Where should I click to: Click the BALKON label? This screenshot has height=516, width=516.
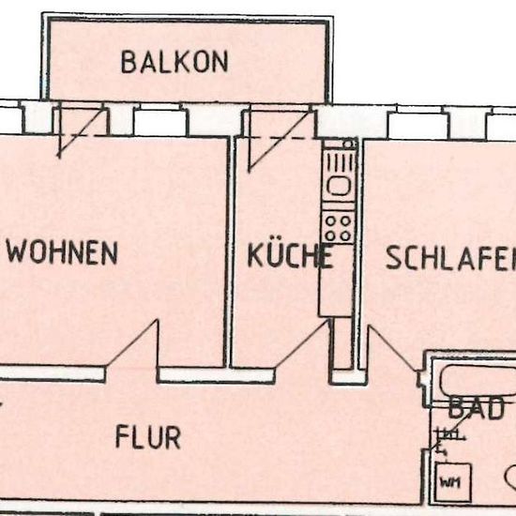tap(175, 62)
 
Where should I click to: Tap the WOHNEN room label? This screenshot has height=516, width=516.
tap(62, 252)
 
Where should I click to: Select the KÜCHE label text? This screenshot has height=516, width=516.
tap(290, 255)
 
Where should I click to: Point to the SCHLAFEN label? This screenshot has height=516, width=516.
tap(451, 258)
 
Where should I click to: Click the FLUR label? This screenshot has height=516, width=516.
tap(148, 436)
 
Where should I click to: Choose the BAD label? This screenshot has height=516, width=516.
tap(476, 408)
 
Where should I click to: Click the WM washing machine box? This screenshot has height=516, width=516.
tap(453, 481)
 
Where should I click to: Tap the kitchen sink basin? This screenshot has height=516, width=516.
tap(339, 187)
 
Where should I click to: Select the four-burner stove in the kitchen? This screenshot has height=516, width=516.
tap(339, 228)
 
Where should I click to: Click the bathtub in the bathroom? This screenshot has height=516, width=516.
tap(478, 382)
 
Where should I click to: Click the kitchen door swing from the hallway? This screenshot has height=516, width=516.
tap(303, 343)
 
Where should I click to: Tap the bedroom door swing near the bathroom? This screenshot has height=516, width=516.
tap(392, 348)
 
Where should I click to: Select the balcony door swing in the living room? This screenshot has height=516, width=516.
tap(83, 132)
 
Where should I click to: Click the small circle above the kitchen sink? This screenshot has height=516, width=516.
tap(348, 144)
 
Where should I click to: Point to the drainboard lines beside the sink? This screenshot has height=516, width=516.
tap(339, 163)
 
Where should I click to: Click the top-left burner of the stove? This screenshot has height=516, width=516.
tap(331, 220)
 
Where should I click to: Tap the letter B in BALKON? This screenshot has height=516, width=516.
tap(129, 62)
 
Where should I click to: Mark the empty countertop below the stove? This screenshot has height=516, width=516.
tap(336, 281)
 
